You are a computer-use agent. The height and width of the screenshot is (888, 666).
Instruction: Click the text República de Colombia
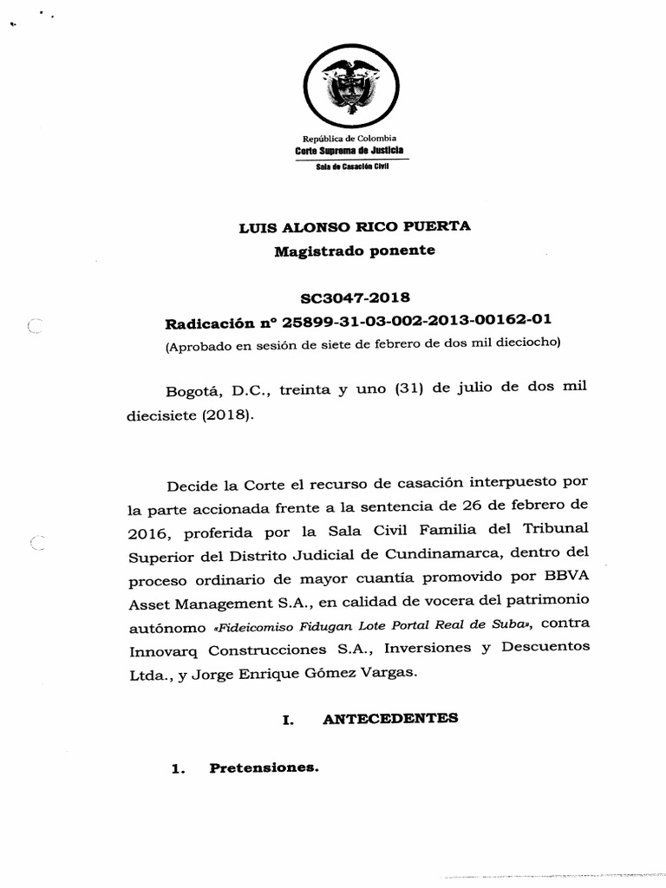click(x=349, y=139)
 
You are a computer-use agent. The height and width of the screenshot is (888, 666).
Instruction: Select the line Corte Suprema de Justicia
click(x=349, y=150)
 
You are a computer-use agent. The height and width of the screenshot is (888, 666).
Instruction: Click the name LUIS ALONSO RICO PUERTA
click(x=355, y=227)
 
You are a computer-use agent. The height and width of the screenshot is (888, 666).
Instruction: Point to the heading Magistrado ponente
click(x=355, y=251)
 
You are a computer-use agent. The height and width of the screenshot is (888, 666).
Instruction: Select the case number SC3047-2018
click(x=355, y=297)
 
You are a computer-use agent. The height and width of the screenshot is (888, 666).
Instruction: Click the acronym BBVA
click(x=565, y=577)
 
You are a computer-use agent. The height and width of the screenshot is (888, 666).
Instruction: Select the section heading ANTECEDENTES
click(x=390, y=718)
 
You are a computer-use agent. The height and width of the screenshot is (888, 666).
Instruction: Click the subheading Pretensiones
click(x=264, y=768)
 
